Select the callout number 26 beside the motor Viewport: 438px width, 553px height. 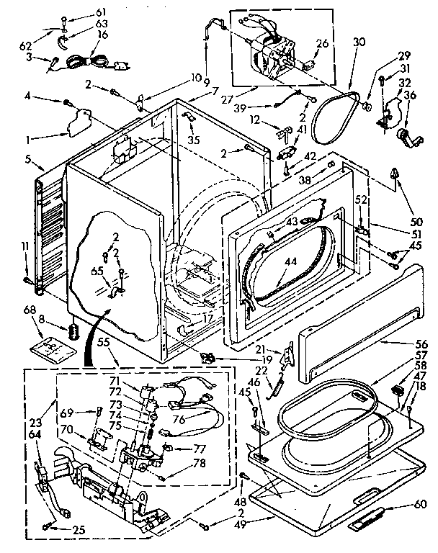click(x=321, y=43)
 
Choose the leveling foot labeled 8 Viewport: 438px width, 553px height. click(x=72, y=333)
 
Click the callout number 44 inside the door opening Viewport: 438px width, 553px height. click(x=290, y=262)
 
